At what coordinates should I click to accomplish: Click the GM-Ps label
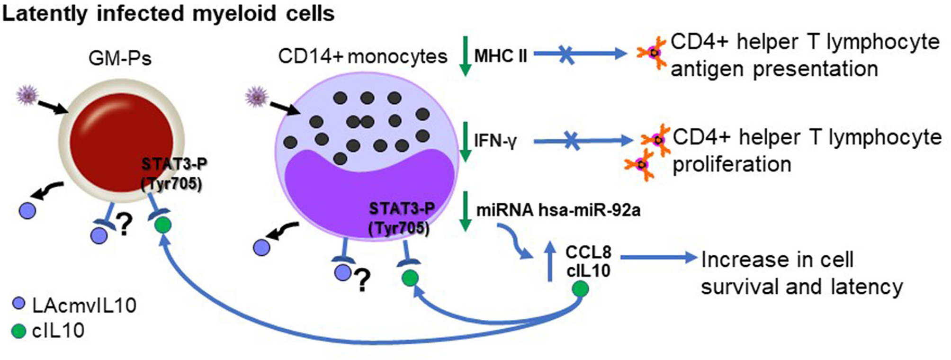tap(120, 59)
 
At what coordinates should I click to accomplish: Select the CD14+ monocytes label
tap(362, 57)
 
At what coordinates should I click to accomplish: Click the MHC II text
tap(501, 56)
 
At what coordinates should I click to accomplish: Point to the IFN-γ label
tap(495, 141)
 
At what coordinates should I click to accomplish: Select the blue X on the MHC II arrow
tap(566, 54)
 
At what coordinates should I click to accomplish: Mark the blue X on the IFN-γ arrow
tap(572, 141)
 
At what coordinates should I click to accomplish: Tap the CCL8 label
tap(588, 252)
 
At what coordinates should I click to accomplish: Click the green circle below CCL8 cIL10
tap(581, 288)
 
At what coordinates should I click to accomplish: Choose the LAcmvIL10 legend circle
tap(18, 305)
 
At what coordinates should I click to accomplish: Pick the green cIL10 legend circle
tap(18, 331)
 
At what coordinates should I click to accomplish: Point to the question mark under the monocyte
tap(362, 282)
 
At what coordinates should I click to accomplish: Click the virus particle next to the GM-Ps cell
tap(27, 96)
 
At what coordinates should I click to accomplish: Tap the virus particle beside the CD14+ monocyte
tap(257, 97)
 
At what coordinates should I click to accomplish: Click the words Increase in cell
tap(777, 260)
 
